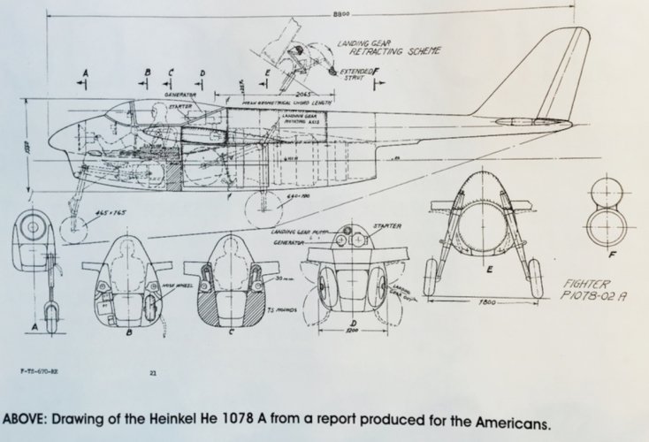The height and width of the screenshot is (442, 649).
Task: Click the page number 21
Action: coord(152,376)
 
